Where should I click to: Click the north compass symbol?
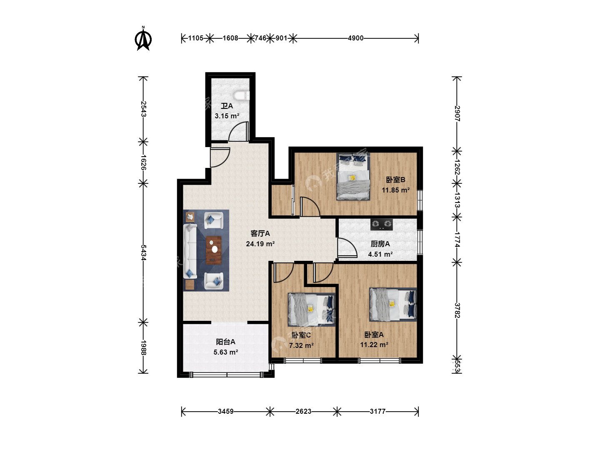(x=143, y=38)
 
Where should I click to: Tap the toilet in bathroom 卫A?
(x=242, y=96)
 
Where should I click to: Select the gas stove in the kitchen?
(x=381, y=224)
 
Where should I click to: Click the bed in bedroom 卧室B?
(x=353, y=177)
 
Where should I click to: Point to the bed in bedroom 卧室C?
(x=312, y=310)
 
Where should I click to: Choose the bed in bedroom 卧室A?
(x=393, y=304)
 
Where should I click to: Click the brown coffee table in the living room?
(x=213, y=250)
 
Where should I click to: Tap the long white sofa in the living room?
(x=190, y=251)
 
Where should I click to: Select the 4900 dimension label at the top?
(x=356, y=38)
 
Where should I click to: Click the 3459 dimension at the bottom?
(x=226, y=411)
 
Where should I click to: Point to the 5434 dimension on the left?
(x=143, y=252)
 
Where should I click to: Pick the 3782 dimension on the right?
(x=457, y=310)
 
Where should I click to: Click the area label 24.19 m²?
(x=260, y=244)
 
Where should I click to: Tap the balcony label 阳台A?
(x=225, y=342)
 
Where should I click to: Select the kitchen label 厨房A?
(x=380, y=244)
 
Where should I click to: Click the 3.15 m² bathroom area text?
(x=227, y=116)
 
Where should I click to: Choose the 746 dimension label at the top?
(x=260, y=38)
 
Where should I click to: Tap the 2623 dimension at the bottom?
(x=303, y=411)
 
